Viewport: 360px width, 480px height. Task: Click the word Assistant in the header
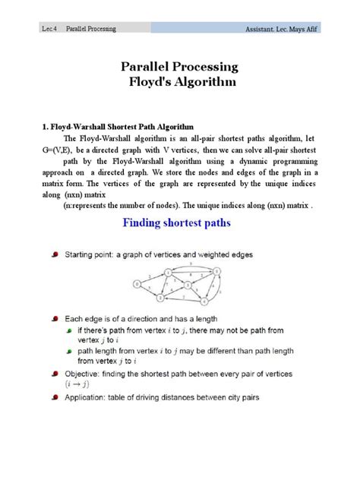point(263,29)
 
